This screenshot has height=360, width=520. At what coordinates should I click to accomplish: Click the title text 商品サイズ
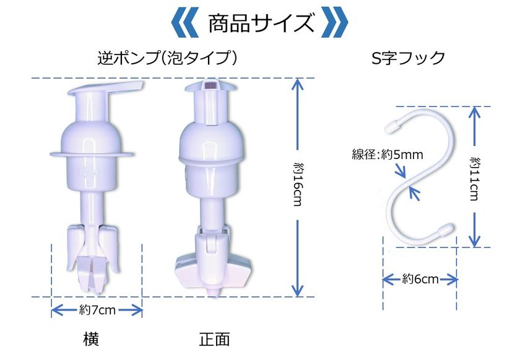click(261, 24)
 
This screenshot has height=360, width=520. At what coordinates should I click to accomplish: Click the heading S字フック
click(409, 58)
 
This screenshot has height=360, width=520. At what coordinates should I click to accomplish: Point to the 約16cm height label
click(298, 184)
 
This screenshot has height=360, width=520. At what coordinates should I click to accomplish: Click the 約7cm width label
click(97, 311)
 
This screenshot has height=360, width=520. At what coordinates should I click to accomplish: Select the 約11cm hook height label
click(475, 178)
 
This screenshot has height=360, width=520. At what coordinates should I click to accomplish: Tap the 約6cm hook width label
click(420, 279)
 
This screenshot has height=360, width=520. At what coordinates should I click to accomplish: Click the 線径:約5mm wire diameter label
click(388, 155)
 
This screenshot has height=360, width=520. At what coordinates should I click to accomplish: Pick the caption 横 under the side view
click(91, 339)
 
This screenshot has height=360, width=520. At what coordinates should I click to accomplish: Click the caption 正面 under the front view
click(214, 340)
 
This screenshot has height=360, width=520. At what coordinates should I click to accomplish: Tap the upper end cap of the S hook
click(394, 126)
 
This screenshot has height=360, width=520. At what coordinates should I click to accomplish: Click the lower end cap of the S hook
click(446, 228)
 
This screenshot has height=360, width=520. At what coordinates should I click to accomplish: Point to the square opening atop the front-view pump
click(210, 85)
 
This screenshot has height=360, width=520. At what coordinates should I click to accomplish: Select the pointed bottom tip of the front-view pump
click(212, 293)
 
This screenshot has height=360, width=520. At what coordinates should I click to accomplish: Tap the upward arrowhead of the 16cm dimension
click(298, 84)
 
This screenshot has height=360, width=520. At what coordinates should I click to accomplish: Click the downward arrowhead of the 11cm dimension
click(475, 241)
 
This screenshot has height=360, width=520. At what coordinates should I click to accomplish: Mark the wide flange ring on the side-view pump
click(92, 154)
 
